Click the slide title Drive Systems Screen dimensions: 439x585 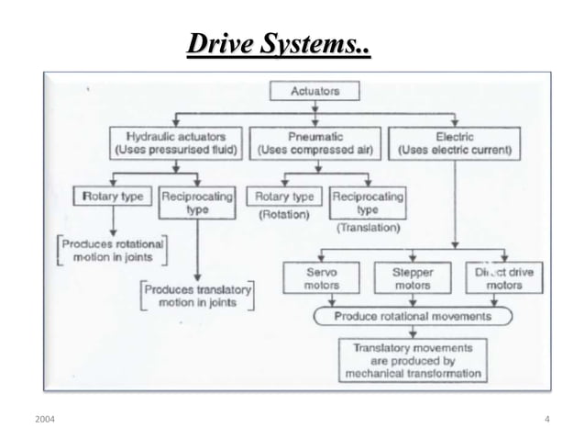tap(279, 44)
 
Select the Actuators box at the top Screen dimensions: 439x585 tap(315, 91)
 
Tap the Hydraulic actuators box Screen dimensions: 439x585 tap(175, 142)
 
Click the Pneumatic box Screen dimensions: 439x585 tap(315, 142)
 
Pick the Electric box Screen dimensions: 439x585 tap(455, 142)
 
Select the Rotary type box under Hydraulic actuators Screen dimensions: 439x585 tap(112, 197)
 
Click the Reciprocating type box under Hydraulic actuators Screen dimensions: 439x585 tap(197, 202)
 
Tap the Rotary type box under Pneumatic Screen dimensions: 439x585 tap(284, 197)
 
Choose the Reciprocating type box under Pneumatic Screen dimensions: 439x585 tap(368, 202)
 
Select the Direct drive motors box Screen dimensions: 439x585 tap(504, 278)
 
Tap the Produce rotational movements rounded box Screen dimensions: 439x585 tap(412, 316)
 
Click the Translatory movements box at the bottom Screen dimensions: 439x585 tap(412, 360)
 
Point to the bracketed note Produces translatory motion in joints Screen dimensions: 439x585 tap(197, 295)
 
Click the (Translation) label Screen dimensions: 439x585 tap(368, 226)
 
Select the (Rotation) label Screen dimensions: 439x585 tap(283, 216)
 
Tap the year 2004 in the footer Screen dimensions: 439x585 tap(43, 419)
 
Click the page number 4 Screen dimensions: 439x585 tap(546, 419)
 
